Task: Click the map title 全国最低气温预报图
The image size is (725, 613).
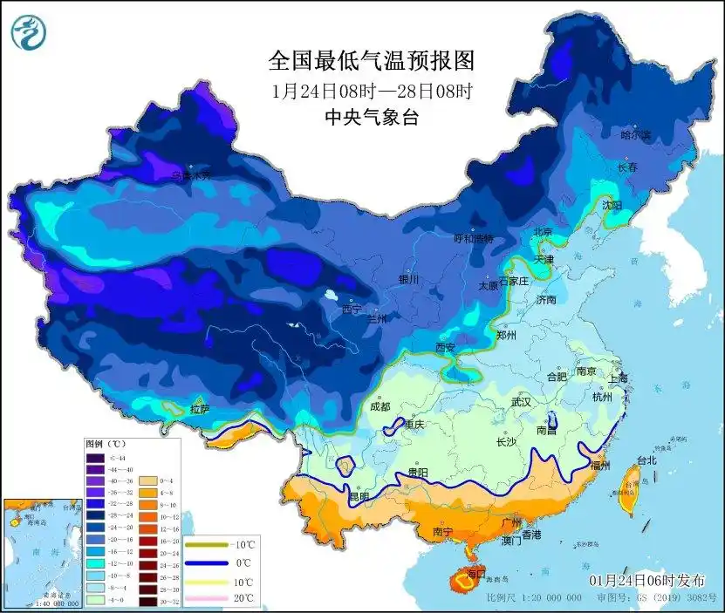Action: (372, 60)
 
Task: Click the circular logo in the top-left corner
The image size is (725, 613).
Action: (30, 32)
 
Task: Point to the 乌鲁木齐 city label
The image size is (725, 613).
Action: (191, 176)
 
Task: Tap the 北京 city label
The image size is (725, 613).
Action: (544, 232)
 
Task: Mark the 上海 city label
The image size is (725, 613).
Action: (618, 378)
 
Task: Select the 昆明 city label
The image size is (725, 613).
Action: (359, 496)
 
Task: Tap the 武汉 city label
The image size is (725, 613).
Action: (522, 403)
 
